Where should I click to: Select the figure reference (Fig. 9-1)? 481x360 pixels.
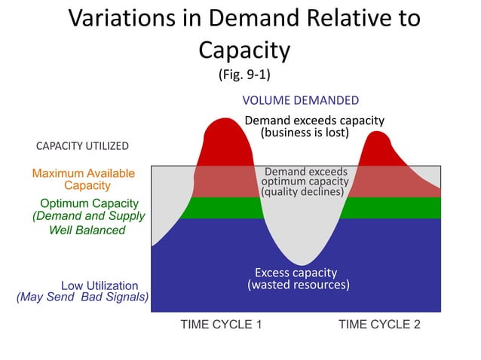244,75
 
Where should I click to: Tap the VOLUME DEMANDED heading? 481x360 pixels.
300,100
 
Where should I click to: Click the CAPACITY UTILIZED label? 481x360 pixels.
82,145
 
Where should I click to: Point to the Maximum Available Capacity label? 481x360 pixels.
84,179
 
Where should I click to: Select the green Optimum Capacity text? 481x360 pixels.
89,203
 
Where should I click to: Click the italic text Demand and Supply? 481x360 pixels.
88,216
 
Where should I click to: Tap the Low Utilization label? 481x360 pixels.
100,285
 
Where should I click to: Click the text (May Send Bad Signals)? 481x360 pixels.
82,297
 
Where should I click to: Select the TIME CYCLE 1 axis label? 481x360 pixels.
221,325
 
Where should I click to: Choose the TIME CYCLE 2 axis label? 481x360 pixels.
379,325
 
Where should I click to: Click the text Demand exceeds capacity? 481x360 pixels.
314,121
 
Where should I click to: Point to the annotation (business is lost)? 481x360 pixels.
305,133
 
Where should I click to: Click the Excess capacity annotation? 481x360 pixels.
296,273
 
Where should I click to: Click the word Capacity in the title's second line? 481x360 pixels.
244,50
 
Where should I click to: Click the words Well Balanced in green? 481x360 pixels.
87,230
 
